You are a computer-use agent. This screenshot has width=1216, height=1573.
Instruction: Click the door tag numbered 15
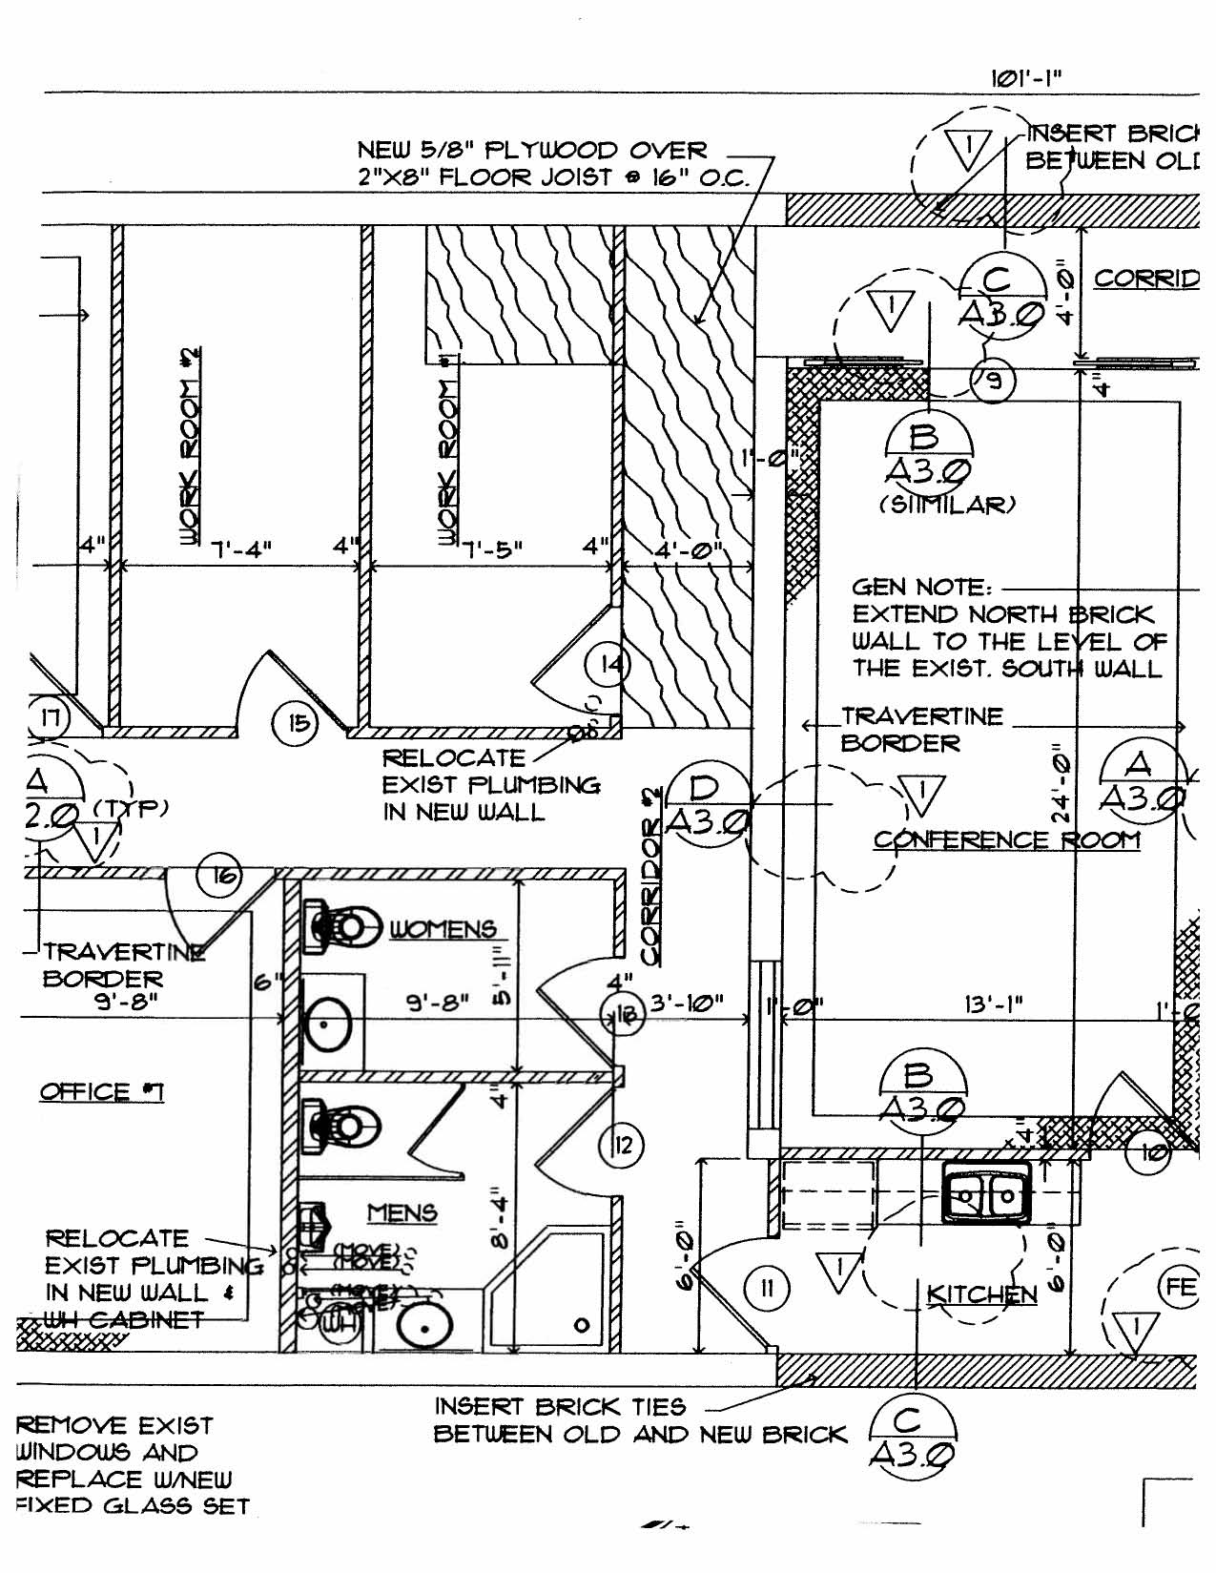point(299,723)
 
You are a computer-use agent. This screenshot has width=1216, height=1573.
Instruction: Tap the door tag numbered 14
point(609,664)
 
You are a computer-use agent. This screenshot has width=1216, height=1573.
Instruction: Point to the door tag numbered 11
point(767,1290)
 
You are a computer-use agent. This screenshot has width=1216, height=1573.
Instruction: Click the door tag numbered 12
point(623,1144)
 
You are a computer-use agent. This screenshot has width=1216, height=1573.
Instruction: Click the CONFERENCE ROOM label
point(1006,840)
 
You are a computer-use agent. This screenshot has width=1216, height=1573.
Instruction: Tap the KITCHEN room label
point(981,1294)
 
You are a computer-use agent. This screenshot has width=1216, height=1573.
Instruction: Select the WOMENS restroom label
point(443,929)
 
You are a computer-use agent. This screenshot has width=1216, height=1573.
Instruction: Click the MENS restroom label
point(402,1213)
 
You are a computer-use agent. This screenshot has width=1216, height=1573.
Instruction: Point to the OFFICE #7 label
point(101,1091)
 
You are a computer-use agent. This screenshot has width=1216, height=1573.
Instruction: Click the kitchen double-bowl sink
point(987,1192)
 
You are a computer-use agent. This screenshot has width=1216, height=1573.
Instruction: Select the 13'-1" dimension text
point(994,1004)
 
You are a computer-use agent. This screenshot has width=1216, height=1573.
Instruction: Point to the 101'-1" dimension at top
point(1026,78)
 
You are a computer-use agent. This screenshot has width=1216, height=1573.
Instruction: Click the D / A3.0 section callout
point(706,803)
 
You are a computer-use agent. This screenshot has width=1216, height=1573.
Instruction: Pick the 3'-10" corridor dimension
point(687,1004)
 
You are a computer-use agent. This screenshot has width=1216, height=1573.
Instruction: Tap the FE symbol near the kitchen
point(1179,1288)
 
